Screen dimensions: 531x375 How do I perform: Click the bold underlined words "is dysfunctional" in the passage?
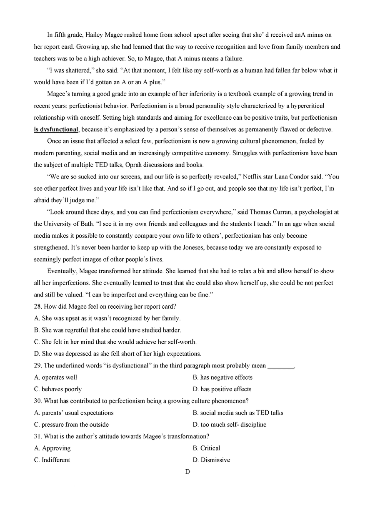[x=56, y=129]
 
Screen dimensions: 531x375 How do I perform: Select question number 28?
[x=37, y=306]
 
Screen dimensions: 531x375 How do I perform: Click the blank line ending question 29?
[x=281, y=365]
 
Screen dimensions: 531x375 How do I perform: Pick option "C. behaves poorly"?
[x=58, y=389]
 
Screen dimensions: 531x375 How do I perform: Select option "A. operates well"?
[x=55, y=377]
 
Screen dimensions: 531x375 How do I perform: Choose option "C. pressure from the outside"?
[x=71, y=424]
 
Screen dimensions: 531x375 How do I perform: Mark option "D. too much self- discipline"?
[x=229, y=424]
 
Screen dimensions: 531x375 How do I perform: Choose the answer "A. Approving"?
[x=52, y=448]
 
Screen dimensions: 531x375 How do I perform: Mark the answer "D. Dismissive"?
[x=211, y=460]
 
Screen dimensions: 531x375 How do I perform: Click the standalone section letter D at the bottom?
[x=187, y=472]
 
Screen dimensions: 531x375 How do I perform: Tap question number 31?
[x=37, y=436]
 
